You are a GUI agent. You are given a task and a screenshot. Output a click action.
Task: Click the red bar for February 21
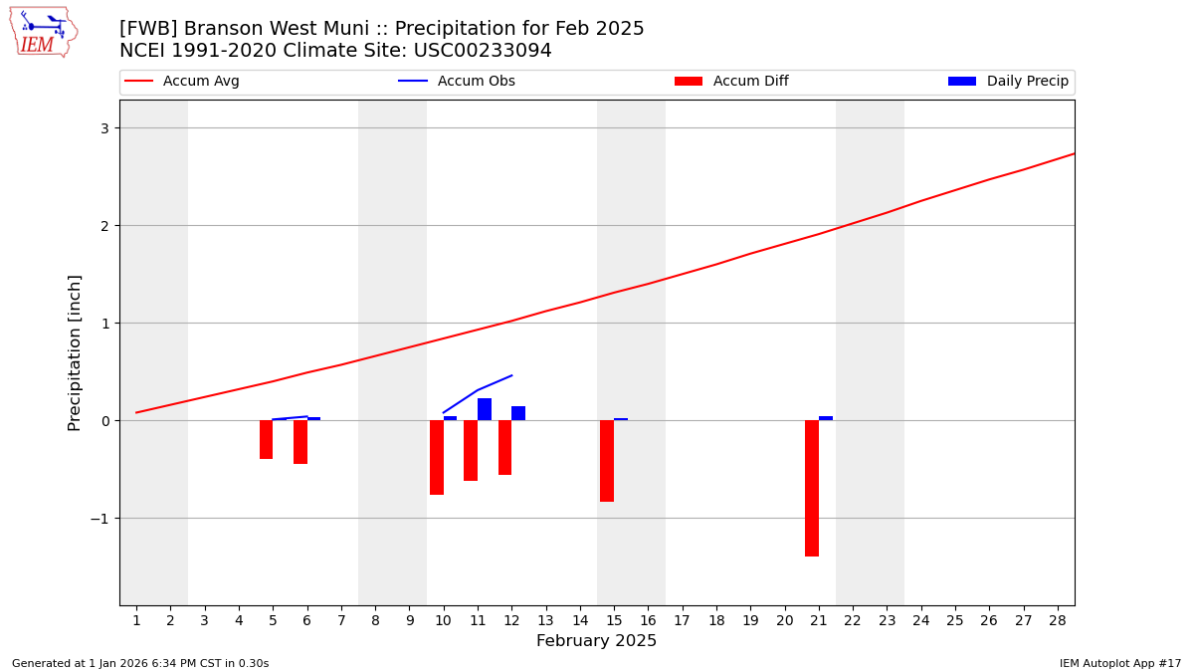coord(812,488)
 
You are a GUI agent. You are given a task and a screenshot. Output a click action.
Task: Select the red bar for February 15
coord(607,461)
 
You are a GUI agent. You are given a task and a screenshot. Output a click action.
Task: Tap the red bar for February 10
coord(437,457)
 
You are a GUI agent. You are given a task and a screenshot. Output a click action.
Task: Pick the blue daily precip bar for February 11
coord(485,409)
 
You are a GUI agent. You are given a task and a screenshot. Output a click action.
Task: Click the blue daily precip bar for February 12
coord(518,413)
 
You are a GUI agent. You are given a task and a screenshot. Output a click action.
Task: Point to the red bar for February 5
coord(266,439)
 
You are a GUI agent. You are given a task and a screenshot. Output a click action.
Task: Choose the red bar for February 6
coord(300,442)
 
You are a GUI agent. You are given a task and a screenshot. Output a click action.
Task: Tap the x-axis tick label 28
coord(1057,620)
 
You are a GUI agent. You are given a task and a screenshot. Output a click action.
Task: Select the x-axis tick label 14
coord(579,620)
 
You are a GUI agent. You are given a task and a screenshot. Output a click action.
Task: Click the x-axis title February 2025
coord(596,641)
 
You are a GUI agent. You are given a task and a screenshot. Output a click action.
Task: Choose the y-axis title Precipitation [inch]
coord(75,352)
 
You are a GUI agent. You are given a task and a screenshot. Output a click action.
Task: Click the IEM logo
coord(43,32)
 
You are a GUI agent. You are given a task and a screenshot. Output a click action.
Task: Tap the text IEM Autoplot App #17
coord(1119,663)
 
